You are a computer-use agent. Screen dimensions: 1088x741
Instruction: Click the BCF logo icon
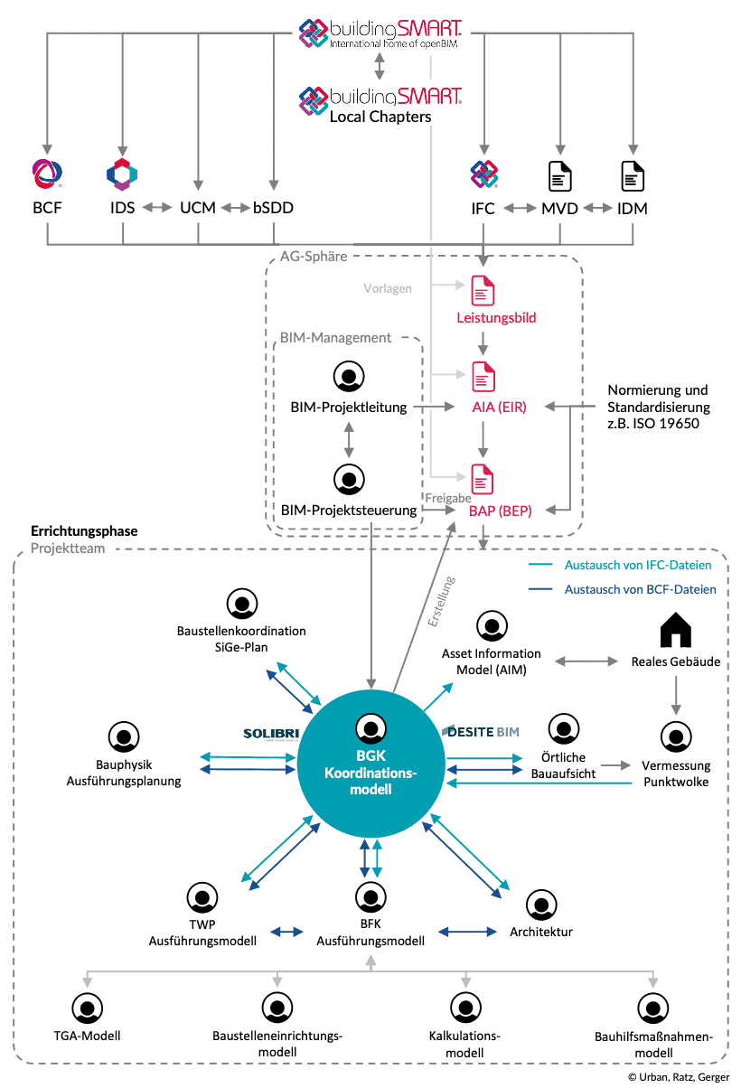[46, 173]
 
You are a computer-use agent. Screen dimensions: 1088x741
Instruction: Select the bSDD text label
[272, 208]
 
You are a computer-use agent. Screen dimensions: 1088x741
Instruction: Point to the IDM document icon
[633, 174]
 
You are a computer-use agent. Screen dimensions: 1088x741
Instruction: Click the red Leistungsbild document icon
[483, 291]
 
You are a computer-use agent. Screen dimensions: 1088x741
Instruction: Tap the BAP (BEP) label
[500, 511]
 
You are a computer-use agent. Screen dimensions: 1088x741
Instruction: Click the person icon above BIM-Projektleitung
[347, 376]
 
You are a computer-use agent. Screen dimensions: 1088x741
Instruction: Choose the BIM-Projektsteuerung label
[349, 511]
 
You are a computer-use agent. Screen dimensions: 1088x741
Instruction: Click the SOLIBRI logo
[270, 733]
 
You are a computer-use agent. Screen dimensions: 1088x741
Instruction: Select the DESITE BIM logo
[481, 731]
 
